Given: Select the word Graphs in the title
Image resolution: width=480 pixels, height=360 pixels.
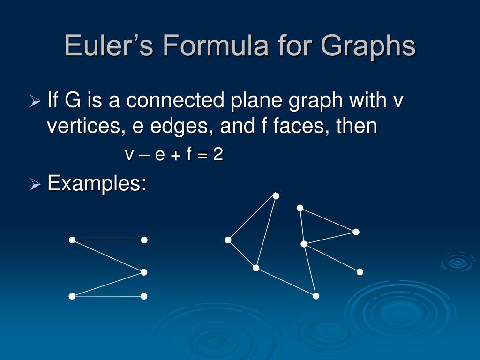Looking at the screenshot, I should pyautogui.click(x=368, y=46).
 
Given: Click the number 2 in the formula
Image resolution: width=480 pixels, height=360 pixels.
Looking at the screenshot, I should pyautogui.click(x=217, y=155).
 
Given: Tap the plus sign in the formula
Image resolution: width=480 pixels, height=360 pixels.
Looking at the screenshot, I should pyautogui.click(x=176, y=155).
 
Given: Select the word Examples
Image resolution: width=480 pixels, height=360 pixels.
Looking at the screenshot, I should pyautogui.click(x=97, y=183).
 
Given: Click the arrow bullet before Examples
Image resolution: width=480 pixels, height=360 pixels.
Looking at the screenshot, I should pyautogui.click(x=36, y=185).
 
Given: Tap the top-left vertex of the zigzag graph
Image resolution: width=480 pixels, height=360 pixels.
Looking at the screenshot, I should pyautogui.click(x=72, y=240).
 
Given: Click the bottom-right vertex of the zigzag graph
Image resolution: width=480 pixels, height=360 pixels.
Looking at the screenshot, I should pyautogui.click(x=144, y=296).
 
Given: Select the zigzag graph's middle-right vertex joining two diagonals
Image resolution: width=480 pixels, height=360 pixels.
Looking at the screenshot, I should pyautogui.click(x=144, y=272).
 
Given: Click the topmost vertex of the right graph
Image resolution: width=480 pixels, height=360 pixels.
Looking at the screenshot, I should pyautogui.click(x=276, y=196).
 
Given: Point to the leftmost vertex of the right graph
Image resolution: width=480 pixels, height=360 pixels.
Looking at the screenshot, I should pyautogui.click(x=228, y=240).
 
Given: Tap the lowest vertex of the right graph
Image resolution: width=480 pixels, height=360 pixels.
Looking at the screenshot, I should pyautogui.click(x=316, y=296).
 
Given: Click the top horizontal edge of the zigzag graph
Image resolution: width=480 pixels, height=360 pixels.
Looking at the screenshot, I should pyautogui.click(x=108, y=240).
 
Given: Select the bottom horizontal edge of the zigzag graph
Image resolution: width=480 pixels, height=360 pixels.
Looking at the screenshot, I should pyautogui.click(x=108, y=296).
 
